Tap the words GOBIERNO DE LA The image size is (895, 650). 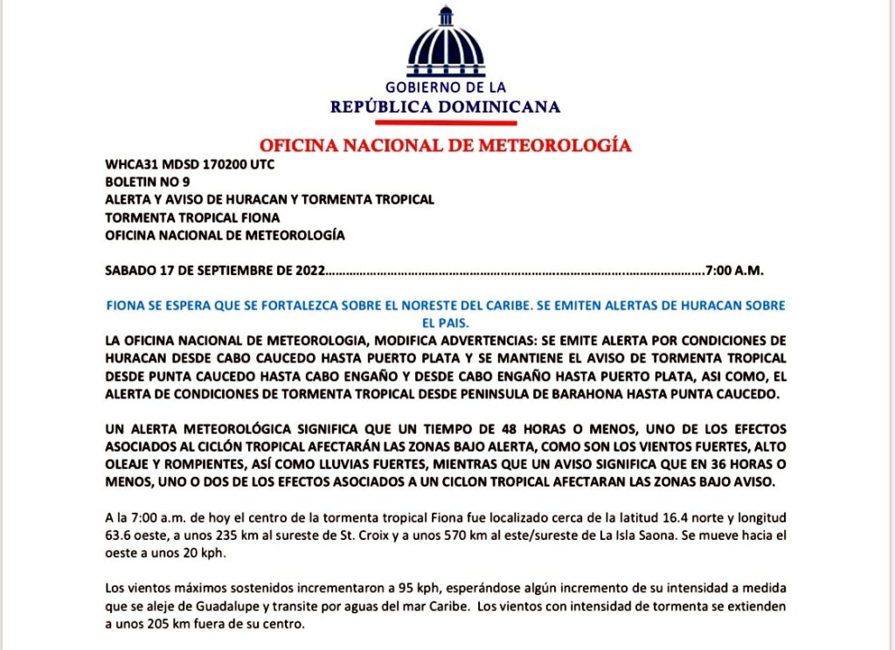tap(446, 87)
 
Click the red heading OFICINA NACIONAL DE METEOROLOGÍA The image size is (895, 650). tap(446, 145)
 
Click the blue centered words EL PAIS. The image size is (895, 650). tap(447, 322)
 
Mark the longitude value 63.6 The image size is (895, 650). tap(119, 536)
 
